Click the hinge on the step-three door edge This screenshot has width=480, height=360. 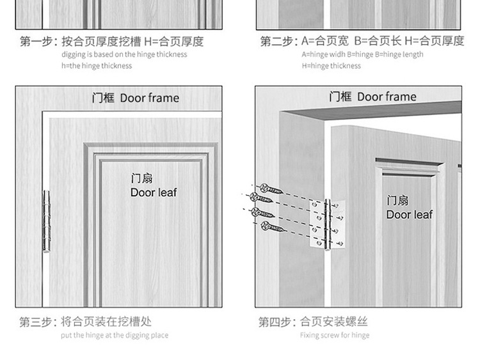pyautogui.click(x=46, y=221)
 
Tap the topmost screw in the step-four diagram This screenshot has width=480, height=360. pyautogui.click(x=271, y=189)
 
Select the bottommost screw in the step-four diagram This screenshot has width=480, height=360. pyautogui.click(x=273, y=226)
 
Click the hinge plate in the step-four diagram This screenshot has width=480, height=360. pyautogui.click(x=328, y=224)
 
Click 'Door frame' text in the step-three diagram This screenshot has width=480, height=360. pyautogui.click(x=150, y=98)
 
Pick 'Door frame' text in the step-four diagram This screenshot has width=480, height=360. pyautogui.click(x=387, y=97)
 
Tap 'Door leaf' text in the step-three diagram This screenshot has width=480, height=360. pyautogui.click(x=154, y=192)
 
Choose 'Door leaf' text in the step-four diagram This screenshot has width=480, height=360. pyautogui.click(x=410, y=215)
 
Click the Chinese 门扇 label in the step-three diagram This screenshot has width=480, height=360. pyautogui.click(x=141, y=178)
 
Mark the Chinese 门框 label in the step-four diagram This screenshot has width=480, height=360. pyautogui.click(x=340, y=97)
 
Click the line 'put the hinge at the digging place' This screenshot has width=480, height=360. pyautogui.click(x=115, y=335)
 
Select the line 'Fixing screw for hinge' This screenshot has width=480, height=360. pyautogui.click(x=335, y=335)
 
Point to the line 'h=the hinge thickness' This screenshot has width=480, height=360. pyautogui.click(x=97, y=66)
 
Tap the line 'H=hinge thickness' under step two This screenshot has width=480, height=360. pyautogui.click(x=332, y=66)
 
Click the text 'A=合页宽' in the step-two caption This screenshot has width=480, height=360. pyautogui.click(x=324, y=41)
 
